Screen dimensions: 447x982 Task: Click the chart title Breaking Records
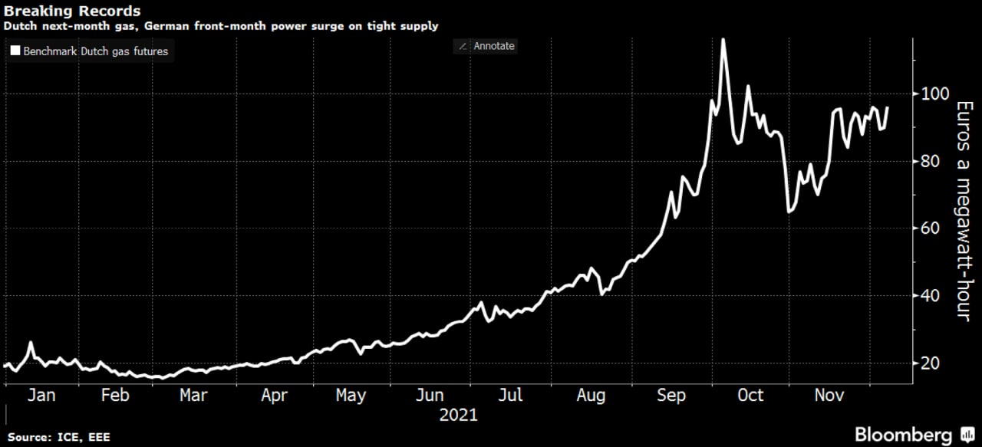coord(73,11)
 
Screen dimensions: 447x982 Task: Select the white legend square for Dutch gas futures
coord(15,51)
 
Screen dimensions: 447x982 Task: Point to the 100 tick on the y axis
coord(930,94)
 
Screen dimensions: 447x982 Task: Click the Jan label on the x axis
coord(41,395)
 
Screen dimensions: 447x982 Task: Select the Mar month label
coord(193,395)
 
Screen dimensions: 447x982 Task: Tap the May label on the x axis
coord(351,395)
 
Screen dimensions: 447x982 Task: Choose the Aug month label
coord(590,395)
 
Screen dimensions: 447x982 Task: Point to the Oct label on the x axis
coord(750,395)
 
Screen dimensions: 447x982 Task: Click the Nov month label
coord(829,395)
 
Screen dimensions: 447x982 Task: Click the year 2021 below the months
coord(459,415)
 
